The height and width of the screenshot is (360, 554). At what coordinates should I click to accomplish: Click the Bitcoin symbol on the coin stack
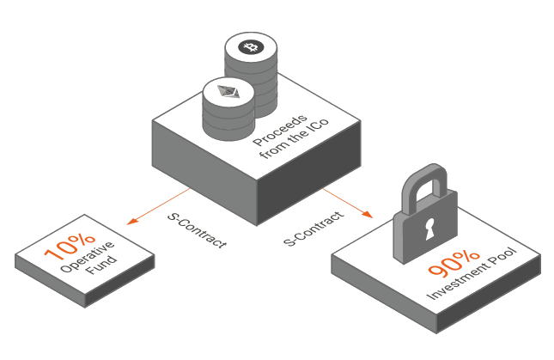[251, 47]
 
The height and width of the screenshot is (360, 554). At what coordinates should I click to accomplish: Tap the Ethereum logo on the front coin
[228, 92]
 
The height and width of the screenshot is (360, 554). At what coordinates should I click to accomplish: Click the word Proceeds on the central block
[280, 130]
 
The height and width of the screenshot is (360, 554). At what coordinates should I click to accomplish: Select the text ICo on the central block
[318, 126]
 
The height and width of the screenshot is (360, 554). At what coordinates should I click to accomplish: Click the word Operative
[88, 257]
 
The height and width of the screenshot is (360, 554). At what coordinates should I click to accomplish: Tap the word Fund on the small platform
[101, 265]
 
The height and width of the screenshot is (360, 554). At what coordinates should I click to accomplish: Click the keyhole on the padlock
[429, 229]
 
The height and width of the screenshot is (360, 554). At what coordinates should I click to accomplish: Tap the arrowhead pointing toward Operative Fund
[132, 221]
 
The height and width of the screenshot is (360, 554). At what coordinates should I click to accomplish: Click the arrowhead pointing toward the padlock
[368, 214]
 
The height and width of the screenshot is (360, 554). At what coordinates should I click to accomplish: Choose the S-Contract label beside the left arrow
[197, 230]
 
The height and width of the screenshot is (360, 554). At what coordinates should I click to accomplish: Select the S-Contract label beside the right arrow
[314, 229]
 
